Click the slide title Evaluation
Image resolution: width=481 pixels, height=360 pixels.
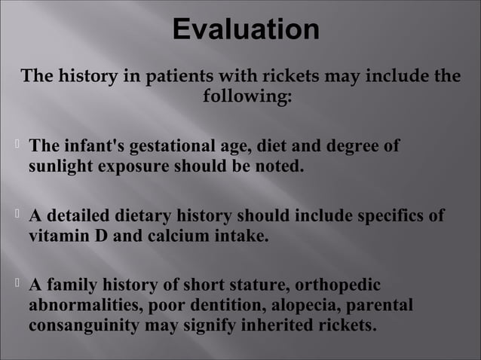point(245,29)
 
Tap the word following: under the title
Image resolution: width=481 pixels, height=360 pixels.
point(247,97)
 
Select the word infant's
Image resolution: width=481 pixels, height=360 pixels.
point(94,145)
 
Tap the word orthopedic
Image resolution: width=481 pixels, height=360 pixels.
point(338,286)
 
